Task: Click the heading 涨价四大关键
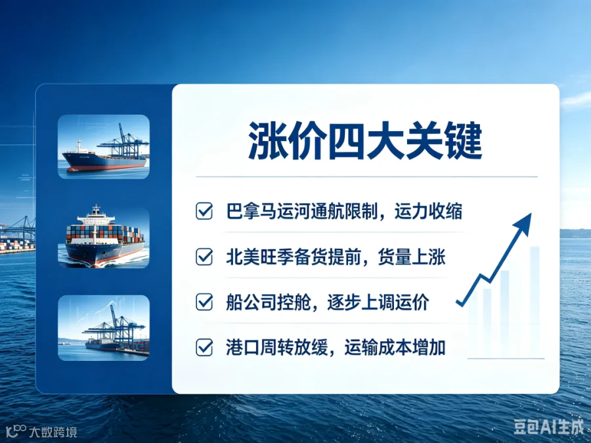point(365,141)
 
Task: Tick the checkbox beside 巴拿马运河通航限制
point(204,211)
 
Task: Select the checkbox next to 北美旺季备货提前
point(204,257)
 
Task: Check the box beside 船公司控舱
point(204,302)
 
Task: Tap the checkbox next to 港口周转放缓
point(204,347)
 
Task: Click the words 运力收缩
point(429,211)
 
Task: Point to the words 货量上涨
point(412,257)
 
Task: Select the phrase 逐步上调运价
point(378,303)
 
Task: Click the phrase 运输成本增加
point(395,347)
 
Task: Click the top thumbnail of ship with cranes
point(104,146)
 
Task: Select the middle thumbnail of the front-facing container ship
point(104,237)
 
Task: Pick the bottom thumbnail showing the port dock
point(104,327)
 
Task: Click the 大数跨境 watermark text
point(53,432)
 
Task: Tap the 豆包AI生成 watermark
point(548,427)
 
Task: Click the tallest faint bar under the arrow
point(535,301)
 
